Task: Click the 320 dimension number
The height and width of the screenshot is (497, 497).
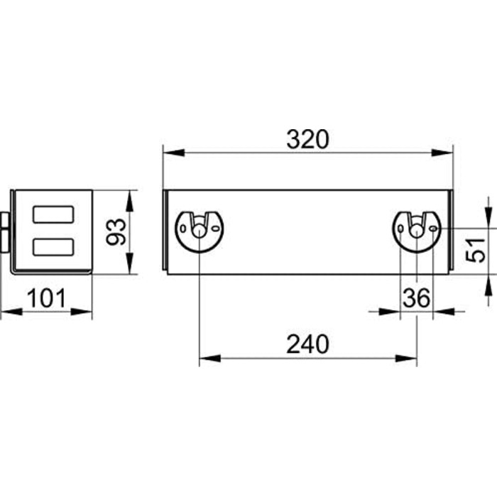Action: [307, 139]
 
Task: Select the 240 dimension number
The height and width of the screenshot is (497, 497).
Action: [307, 344]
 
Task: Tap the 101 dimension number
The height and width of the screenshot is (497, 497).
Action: [46, 298]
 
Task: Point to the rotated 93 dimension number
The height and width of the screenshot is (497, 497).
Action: [116, 231]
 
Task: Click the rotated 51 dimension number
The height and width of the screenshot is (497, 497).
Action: [476, 250]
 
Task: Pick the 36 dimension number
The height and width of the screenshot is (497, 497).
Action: [417, 298]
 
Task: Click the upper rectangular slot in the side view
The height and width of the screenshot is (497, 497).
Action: [53, 214]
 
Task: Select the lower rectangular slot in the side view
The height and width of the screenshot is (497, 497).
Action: [53, 247]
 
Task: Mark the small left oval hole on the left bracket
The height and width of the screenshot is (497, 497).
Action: [183, 228]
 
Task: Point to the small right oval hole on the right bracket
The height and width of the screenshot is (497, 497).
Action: [433, 229]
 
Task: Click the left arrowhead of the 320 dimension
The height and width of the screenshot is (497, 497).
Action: [173, 153]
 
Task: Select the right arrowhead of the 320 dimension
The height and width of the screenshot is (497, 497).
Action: [442, 153]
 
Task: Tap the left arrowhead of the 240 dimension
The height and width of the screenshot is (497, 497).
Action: [210, 359]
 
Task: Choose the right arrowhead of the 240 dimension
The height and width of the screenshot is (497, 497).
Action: [406, 359]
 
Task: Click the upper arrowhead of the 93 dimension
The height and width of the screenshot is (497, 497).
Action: [129, 201]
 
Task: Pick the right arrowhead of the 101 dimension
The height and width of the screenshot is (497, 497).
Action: [81, 312]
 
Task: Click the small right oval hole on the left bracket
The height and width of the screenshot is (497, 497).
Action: [216, 229]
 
